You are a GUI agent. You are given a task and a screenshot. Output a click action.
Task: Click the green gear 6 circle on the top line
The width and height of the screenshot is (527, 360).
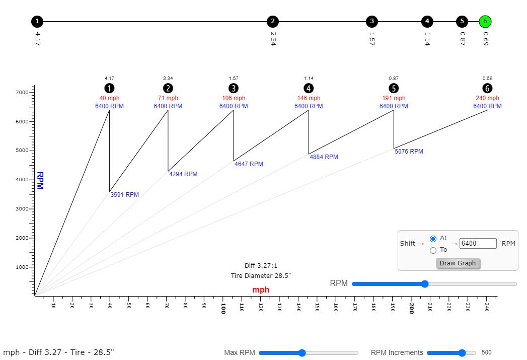tap(485, 22)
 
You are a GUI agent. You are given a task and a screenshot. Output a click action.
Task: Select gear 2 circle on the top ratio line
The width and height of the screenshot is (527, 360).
tap(272, 22)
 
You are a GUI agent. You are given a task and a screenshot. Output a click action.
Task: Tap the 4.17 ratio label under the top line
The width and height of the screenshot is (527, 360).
tap(38, 39)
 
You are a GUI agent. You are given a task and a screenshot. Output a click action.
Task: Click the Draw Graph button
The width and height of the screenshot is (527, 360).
tap(458, 263)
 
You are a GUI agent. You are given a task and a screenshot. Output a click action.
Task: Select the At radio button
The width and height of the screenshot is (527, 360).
tap(433, 239)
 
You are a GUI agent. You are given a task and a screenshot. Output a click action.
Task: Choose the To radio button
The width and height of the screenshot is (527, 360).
tap(433, 250)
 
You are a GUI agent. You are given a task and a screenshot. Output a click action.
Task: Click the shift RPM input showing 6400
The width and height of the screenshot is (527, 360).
tap(478, 244)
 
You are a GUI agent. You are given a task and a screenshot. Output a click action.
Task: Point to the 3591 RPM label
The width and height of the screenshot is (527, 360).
tap(124, 195)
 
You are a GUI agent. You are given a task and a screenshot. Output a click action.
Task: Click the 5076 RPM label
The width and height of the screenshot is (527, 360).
tap(409, 152)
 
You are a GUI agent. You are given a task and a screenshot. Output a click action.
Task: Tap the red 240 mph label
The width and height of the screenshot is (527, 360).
tap(487, 98)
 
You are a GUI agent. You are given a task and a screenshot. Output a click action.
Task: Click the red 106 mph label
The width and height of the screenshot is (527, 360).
tap(233, 98)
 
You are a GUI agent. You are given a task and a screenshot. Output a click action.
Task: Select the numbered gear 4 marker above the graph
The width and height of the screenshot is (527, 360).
tap(309, 89)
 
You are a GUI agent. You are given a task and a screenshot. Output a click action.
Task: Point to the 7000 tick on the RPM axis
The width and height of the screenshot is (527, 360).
tap(23, 93)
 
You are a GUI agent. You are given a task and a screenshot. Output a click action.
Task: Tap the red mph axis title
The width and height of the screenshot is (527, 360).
tap(261, 290)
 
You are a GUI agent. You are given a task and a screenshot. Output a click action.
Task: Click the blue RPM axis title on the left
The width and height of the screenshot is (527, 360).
tap(40, 181)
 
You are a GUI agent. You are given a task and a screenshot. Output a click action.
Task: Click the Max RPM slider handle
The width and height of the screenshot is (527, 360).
tap(302, 353)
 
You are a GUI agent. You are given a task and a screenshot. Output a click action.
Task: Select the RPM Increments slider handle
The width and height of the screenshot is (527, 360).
tap(462, 353)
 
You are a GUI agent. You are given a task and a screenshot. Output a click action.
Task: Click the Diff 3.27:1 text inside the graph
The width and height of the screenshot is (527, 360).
tap(261, 265)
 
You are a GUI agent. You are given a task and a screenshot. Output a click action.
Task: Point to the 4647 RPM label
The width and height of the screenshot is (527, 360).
tap(249, 164)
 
